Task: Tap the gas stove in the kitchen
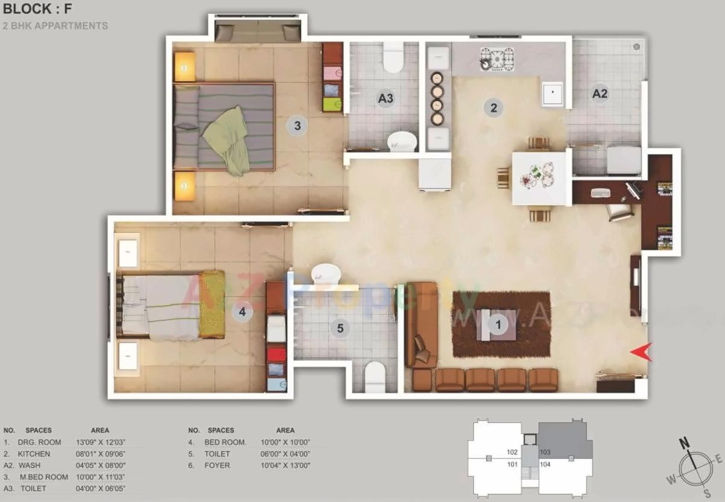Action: click(x=496, y=59)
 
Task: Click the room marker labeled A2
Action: click(x=600, y=94)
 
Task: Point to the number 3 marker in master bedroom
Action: click(x=297, y=125)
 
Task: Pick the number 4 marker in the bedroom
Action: click(x=242, y=312)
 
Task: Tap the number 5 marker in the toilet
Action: click(x=340, y=328)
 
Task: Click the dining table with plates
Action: click(x=540, y=177)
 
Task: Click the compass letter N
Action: click(x=685, y=443)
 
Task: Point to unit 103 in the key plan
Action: click(x=545, y=452)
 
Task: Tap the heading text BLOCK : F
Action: click(x=37, y=9)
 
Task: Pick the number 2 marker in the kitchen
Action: click(x=493, y=108)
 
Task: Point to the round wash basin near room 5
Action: click(x=326, y=273)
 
